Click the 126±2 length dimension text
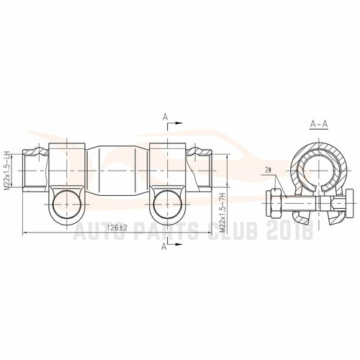[x=116, y=227]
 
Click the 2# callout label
[x=268, y=171]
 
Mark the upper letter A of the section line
[x=165, y=116]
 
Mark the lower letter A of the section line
[x=165, y=246]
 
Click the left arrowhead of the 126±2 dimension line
[x=26, y=233]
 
